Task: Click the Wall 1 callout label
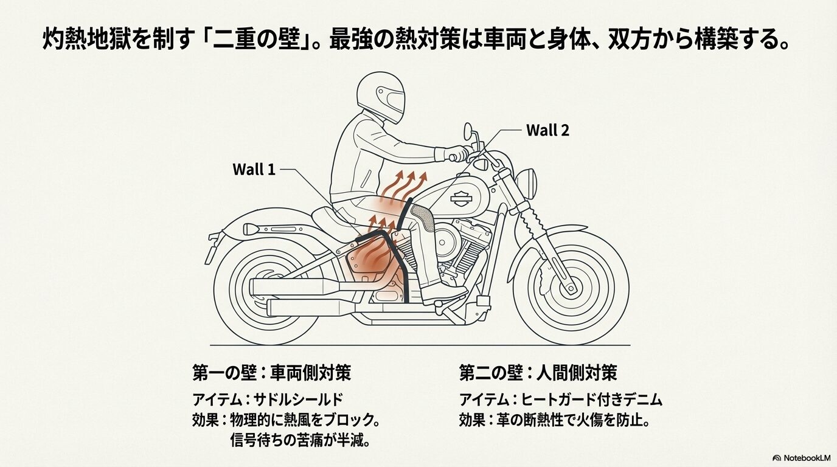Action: coord(254,169)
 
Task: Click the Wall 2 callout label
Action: coord(547,130)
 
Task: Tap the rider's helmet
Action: coord(380,96)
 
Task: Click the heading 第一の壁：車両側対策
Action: coord(271,373)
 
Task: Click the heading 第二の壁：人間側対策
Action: coord(538,373)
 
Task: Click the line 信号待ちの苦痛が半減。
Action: coord(300,440)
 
